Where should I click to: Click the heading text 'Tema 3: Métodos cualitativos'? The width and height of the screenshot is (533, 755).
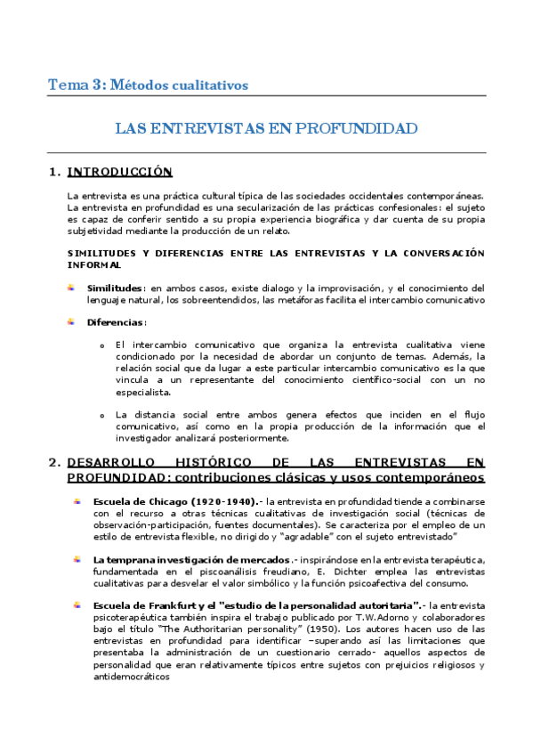[148, 85]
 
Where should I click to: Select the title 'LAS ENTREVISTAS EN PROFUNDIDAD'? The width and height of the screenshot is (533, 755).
[266, 128]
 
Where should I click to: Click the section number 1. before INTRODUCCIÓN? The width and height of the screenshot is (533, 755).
[54, 171]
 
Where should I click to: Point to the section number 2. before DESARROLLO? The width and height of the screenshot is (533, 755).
[54, 462]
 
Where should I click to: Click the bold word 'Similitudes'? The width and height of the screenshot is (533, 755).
[116, 288]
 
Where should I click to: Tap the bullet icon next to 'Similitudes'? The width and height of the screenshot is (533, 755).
[72, 287]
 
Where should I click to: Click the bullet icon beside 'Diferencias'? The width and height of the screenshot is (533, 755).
[72, 321]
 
